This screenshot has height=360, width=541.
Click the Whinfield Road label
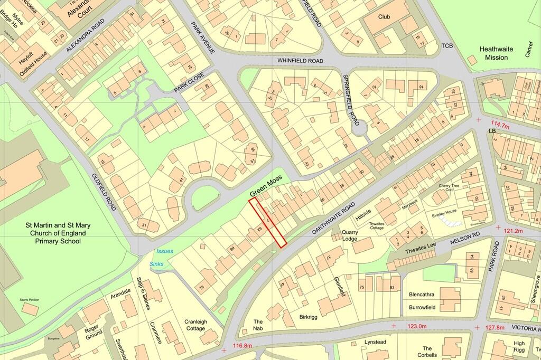(x=300, y=61)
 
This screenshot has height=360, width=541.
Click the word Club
(x=384, y=17)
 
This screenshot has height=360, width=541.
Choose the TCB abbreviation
(x=447, y=46)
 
